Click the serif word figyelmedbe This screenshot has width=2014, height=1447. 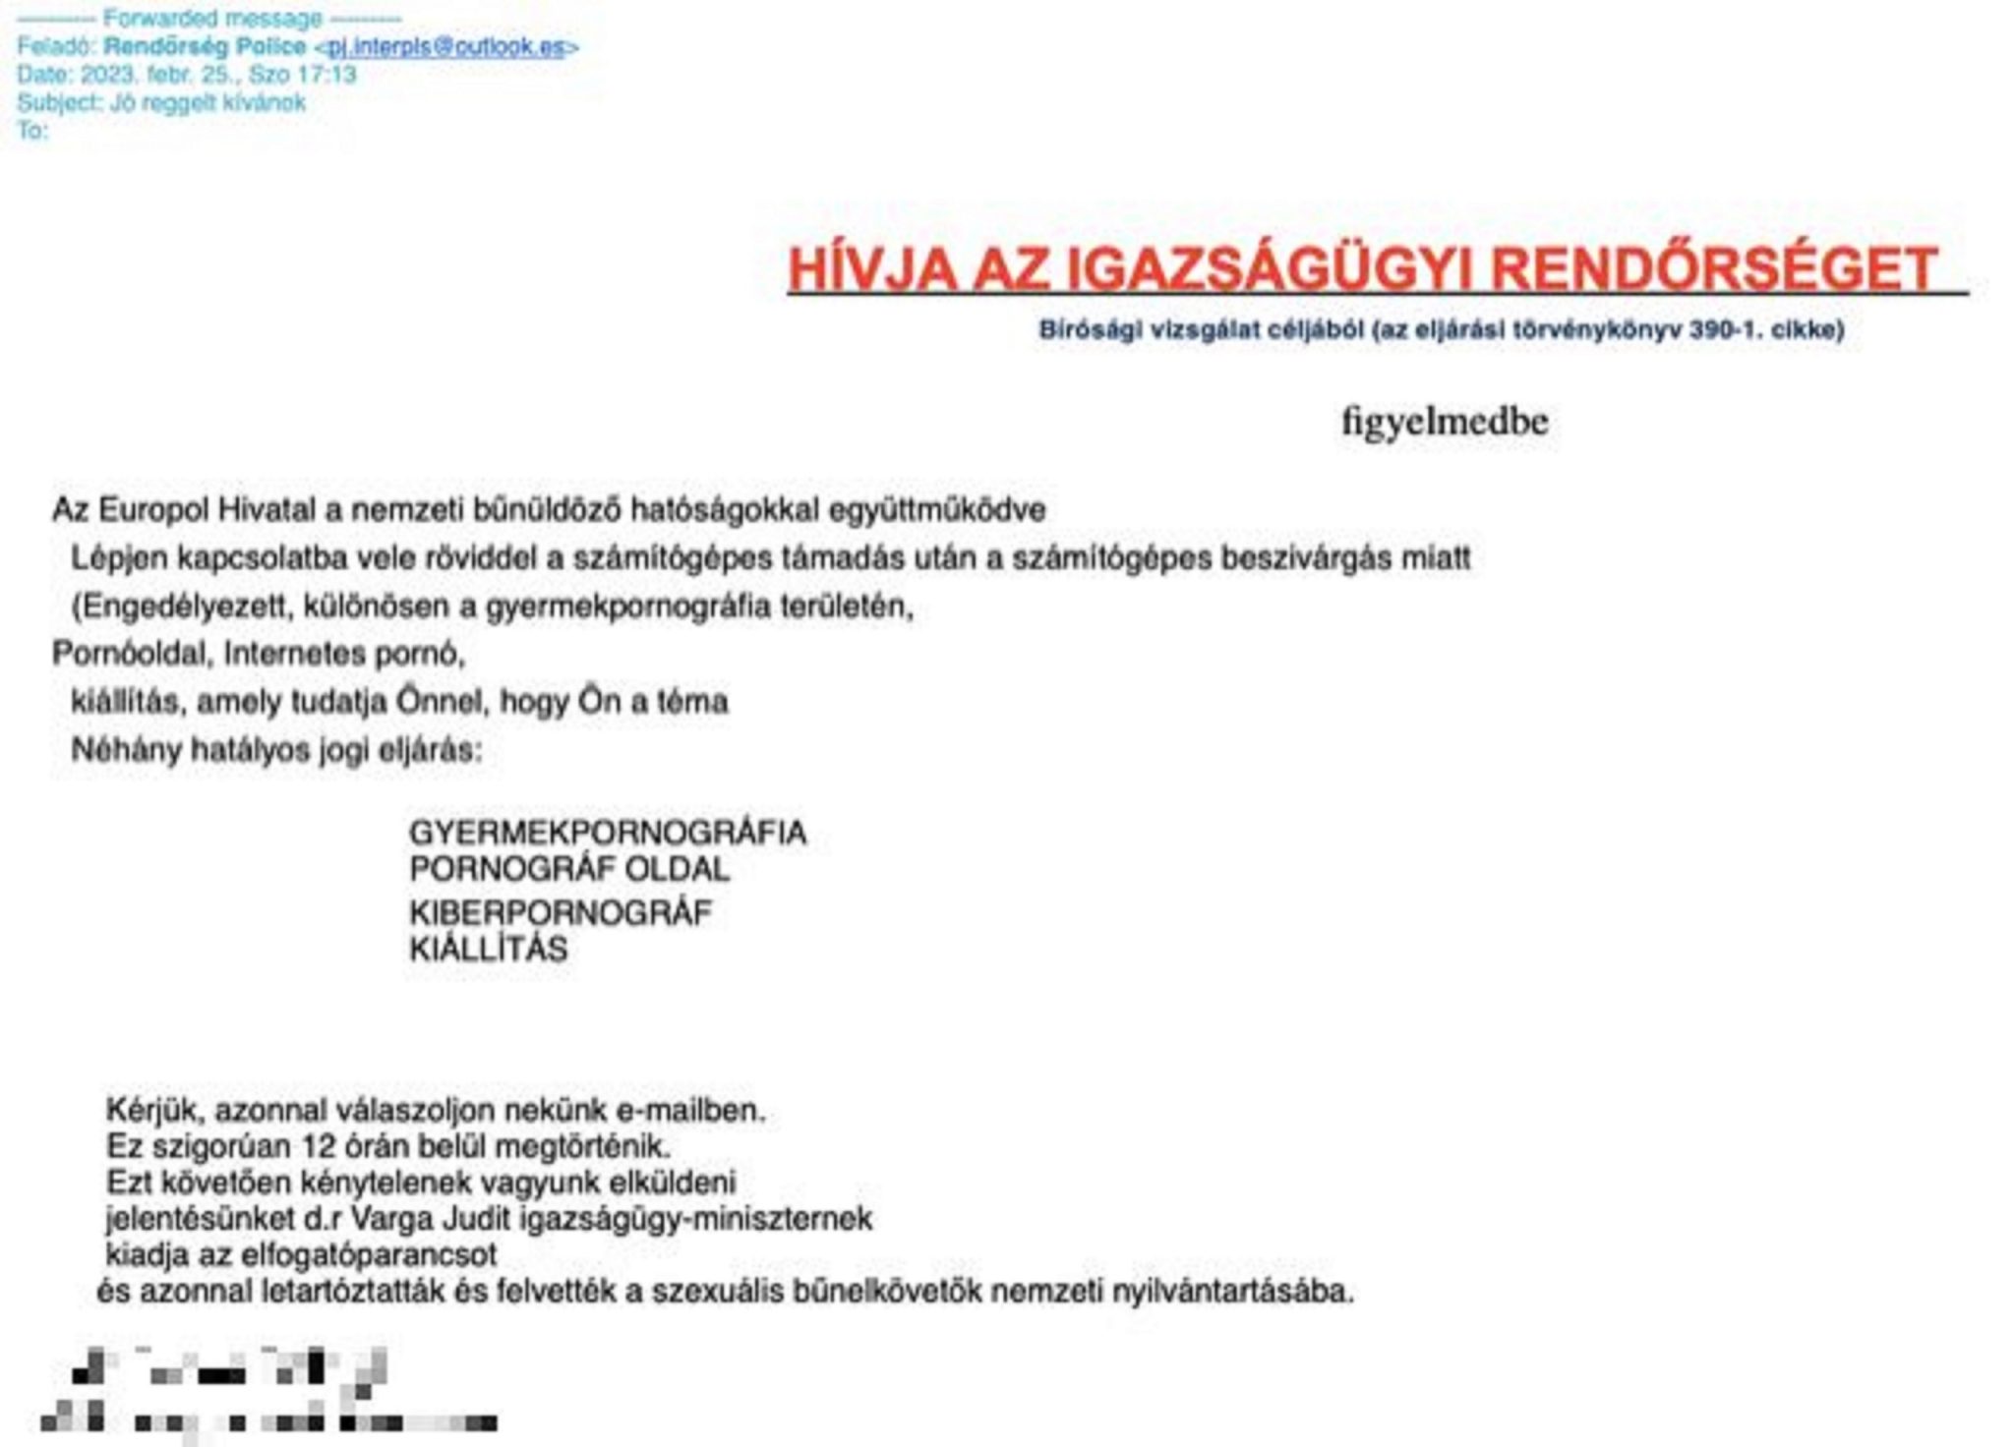point(1445,422)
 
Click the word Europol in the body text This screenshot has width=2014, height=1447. point(153,510)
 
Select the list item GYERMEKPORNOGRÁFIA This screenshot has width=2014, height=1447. point(607,833)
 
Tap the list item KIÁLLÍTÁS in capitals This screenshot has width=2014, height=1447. point(488,950)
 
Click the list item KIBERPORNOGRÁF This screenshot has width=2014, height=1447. point(560,913)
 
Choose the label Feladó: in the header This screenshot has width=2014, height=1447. point(56,47)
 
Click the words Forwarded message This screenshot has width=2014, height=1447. point(212,19)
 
